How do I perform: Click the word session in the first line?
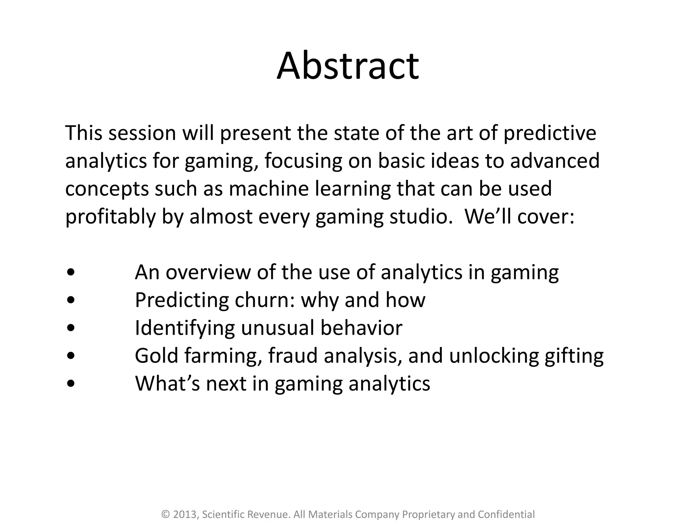click(x=142, y=133)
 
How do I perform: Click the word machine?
click(x=269, y=189)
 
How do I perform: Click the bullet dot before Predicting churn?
click(x=71, y=300)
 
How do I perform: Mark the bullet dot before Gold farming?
click(x=71, y=356)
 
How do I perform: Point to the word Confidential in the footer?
click(x=506, y=515)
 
